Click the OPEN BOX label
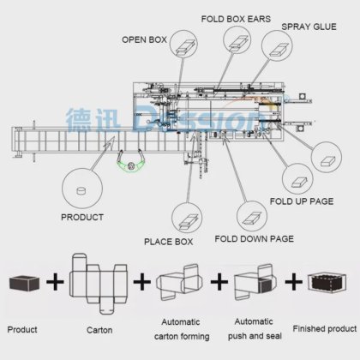click(x=144, y=39)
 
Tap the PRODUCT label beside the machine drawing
click(x=82, y=217)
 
